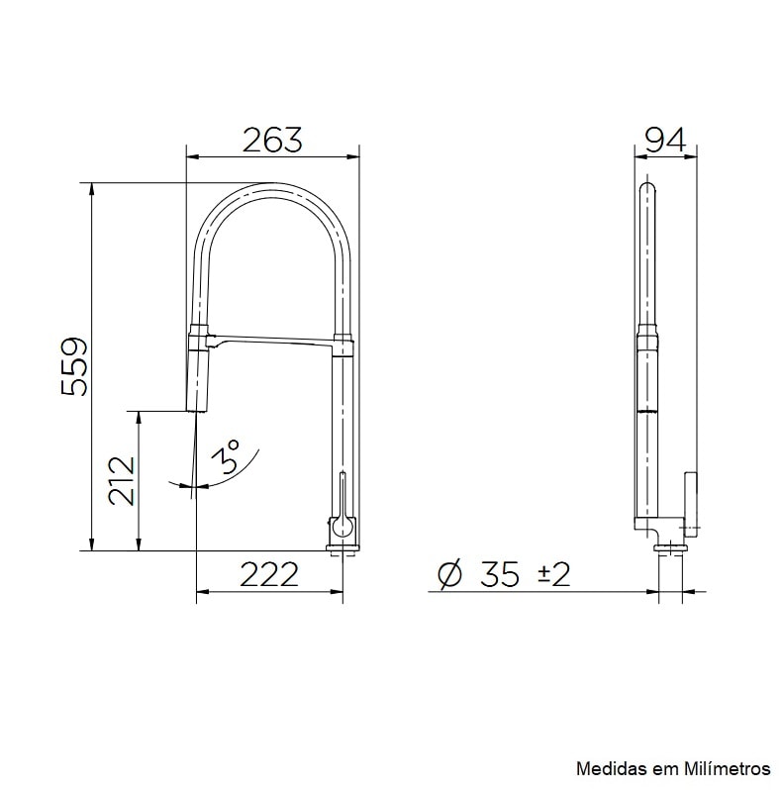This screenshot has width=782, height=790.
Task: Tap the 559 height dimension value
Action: (75, 366)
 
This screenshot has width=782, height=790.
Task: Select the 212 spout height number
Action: (123, 480)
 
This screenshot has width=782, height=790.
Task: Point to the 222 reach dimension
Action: (268, 574)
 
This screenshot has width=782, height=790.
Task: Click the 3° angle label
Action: (228, 459)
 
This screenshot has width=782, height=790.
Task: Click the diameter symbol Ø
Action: (448, 574)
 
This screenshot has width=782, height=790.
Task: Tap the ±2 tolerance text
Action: (553, 574)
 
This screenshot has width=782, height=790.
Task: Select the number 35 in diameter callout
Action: (500, 574)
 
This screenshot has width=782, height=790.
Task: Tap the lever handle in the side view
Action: (691, 500)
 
